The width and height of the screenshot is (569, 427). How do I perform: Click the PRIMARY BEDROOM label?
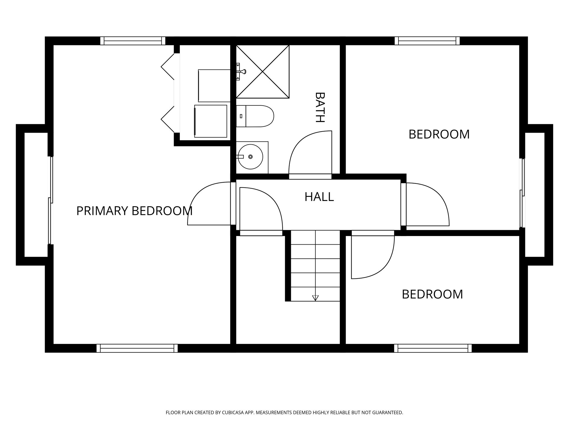pyautogui.click(x=134, y=211)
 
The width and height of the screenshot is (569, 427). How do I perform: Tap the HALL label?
pyautogui.click(x=319, y=197)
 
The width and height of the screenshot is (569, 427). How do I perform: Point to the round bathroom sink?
pyautogui.click(x=250, y=157)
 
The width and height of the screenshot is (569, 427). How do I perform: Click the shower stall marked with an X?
pyautogui.click(x=263, y=72)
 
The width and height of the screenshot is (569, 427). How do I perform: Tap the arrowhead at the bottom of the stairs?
pyautogui.click(x=315, y=298)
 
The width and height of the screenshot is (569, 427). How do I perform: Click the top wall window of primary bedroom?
pyautogui.click(x=133, y=41)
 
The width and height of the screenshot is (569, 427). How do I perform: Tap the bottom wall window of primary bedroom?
pyautogui.click(x=137, y=348)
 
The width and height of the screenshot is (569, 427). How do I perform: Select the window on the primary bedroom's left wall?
pyautogui.click(x=51, y=200)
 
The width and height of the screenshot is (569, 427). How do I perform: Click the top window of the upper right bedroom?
pyautogui.click(x=427, y=41)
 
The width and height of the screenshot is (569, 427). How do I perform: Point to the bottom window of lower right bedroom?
pyautogui.click(x=433, y=348)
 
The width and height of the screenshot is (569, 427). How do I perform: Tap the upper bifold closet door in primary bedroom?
pyautogui.click(x=168, y=67)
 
